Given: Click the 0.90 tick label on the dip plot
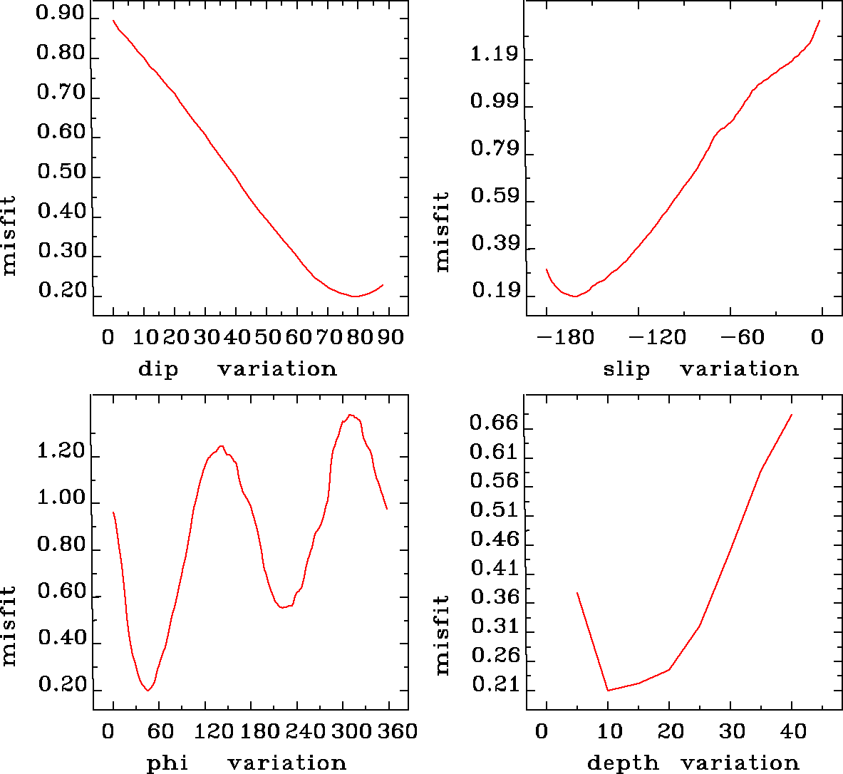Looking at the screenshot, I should (x=61, y=14).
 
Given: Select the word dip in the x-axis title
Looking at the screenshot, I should (x=158, y=369).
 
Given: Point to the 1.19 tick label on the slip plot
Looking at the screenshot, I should (x=493, y=55).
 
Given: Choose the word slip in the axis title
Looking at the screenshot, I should (x=626, y=369).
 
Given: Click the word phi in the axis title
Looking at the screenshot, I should (x=167, y=763).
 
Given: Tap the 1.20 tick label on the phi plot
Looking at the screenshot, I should (x=61, y=452).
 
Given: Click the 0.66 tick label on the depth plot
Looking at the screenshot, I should (x=493, y=423).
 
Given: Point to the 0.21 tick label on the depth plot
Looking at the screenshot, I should (x=493, y=685).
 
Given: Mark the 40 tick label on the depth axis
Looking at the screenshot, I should (x=793, y=731).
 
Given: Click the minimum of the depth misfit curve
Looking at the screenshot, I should (x=608, y=690).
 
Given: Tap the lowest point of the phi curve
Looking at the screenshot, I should (x=148, y=690).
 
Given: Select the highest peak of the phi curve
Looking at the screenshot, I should (x=351, y=415).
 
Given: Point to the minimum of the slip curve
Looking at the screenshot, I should (x=574, y=296).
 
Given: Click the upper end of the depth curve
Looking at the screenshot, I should (x=792, y=415).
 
